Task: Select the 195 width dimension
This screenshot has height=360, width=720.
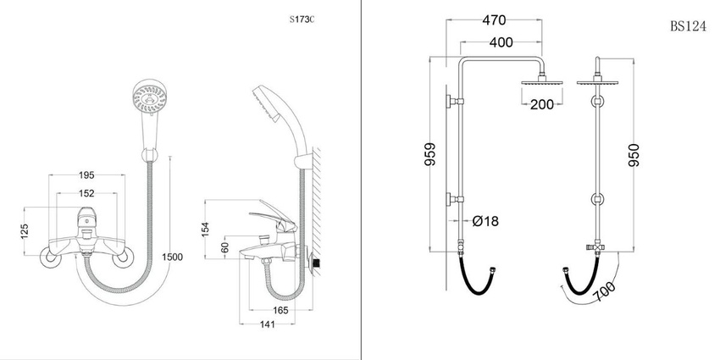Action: (86, 175)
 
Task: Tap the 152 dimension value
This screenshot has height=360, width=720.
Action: (86, 192)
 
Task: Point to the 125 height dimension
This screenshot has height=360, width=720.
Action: (25, 231)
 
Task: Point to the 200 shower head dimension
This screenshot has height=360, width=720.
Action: (542, 105)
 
